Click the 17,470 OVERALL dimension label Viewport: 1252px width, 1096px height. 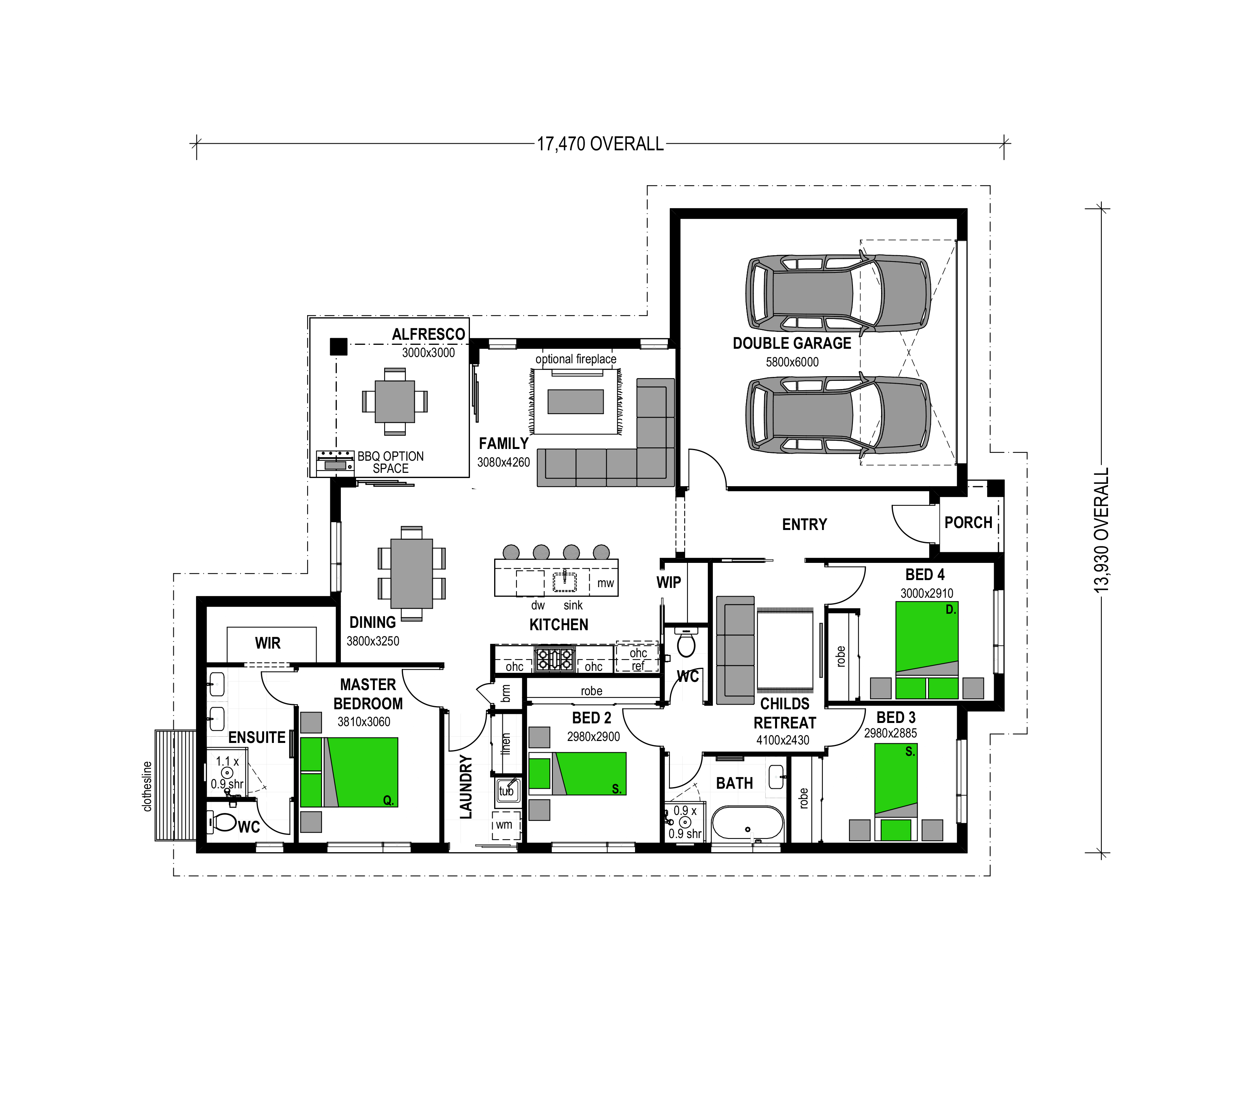[x=600, y=144]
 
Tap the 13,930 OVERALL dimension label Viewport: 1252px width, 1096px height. [x=1101, y=530]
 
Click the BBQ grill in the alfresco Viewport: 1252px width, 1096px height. [x=335, y=463]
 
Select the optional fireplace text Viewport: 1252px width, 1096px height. [x=576, y=359]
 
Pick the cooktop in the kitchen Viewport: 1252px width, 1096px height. [x=554, y=659]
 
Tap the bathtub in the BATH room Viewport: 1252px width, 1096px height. [x=748, y=823]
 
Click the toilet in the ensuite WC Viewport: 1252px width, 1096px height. [x=223, y=822]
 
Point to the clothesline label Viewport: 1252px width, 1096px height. [x=147, y=786]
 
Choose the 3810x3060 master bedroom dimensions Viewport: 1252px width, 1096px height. [x=364, y=722]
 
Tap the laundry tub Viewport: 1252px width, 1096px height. [x=507, y=790]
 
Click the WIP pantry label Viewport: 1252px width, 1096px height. [x=668, y=582]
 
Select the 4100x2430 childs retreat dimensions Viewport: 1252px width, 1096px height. [x=782, y=740]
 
